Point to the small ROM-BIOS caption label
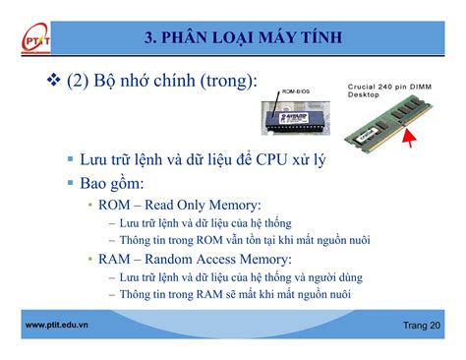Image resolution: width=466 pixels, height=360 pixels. click(296, 92)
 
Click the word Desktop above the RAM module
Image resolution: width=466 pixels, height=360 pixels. click(365, 96)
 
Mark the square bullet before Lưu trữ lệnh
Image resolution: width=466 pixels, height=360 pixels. click(71, 159)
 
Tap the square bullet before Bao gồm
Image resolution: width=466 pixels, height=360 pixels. click(71, 183)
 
